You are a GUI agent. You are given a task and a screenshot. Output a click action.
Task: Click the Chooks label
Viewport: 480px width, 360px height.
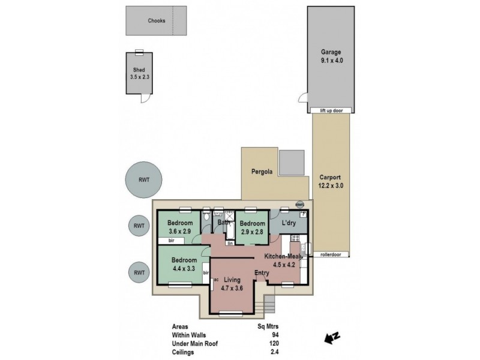157,20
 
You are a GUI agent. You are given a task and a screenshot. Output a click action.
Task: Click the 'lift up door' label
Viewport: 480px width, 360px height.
330,110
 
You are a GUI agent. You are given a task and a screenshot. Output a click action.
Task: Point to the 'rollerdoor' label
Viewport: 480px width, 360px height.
331,254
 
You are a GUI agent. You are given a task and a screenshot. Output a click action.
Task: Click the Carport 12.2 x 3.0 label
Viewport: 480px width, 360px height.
331,182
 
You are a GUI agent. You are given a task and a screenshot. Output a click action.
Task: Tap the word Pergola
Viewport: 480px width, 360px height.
262,172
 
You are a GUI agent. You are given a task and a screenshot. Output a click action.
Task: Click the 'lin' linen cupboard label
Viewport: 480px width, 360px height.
230,243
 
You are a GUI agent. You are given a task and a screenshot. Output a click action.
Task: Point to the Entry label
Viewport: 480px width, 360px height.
262,273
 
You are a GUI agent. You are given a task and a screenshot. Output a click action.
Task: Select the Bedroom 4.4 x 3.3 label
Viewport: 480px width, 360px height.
184,264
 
